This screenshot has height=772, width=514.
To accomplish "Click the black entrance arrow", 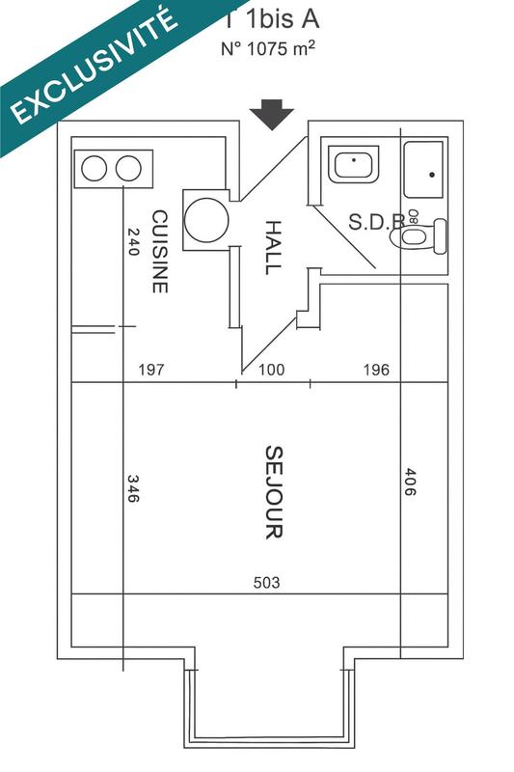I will point(271,116).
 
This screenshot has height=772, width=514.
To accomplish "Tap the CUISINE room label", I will point(160,252).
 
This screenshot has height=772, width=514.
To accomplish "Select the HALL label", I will point(273,247).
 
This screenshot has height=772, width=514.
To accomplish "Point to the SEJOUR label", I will point(273,491).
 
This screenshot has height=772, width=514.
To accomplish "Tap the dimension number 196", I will point(375,370).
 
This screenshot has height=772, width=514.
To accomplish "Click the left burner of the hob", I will point(94,169).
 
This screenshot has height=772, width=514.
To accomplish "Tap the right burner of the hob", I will point(128,169).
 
